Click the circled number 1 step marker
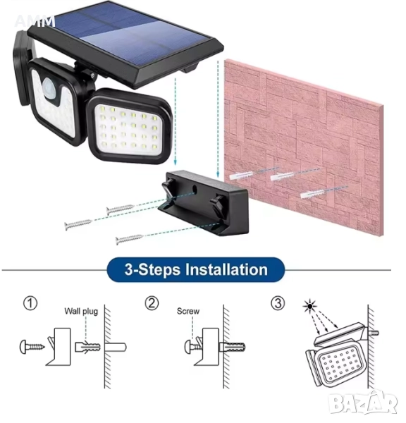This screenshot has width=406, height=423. (x=30, y=303)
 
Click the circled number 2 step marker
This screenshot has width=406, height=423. (x=152, y=303)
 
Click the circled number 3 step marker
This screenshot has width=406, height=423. (x=278, y=303)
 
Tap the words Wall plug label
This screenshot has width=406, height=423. (x=81, y=312)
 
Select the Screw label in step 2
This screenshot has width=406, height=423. (x=188, y=312)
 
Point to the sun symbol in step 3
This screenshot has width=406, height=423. (x=310, y=306)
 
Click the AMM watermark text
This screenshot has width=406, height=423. (x=35, y=22)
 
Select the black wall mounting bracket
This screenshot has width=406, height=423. (x=203, y=202)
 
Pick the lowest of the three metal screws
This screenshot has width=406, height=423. (x=130, y=239)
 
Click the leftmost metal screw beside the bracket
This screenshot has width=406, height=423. (x=78, y=224)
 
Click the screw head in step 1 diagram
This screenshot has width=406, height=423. (x=24, y=347)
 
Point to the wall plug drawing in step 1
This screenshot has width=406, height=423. (x=87, y=347)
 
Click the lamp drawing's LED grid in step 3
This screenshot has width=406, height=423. (x=340, y=366)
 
